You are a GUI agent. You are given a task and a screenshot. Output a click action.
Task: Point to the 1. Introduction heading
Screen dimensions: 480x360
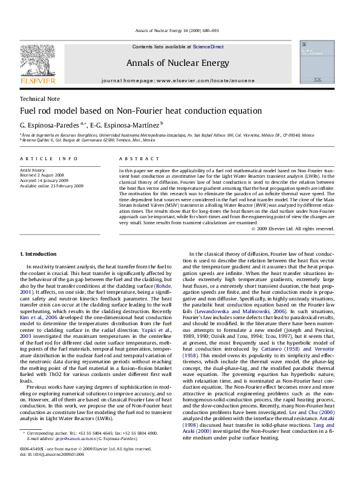click(39, 251)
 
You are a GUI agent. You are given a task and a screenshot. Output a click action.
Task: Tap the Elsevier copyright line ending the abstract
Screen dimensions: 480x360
click(300, 229)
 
